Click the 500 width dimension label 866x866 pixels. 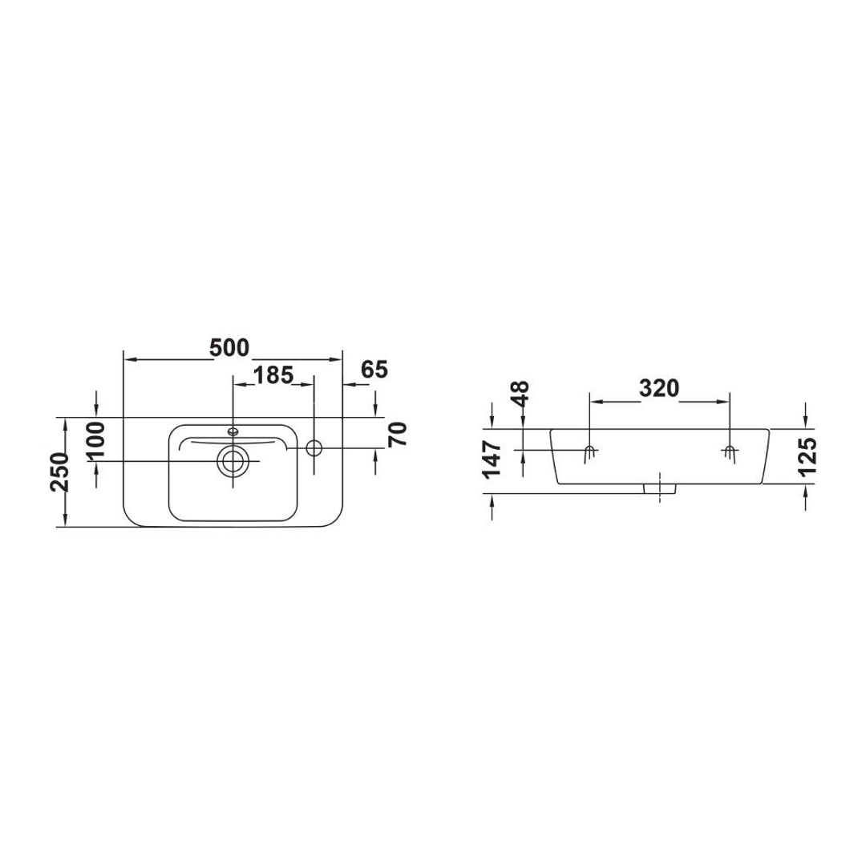pyautogui.click(x=229, y=347)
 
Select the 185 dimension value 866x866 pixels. pyautogui.click(x=273, y=374)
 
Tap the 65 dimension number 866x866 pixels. pyautogui.click(x=374, y=370)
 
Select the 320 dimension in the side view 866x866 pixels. pyautogui.click(x=659, y=388)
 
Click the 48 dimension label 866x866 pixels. pyautogui.click(x=521, y=395)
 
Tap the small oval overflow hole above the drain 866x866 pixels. pyautogui.click(x=233, y=431)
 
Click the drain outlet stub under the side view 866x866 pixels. pyautogui.click(x=660, y=488)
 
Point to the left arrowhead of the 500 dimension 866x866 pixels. pyautogui.click(x=129, y=358)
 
